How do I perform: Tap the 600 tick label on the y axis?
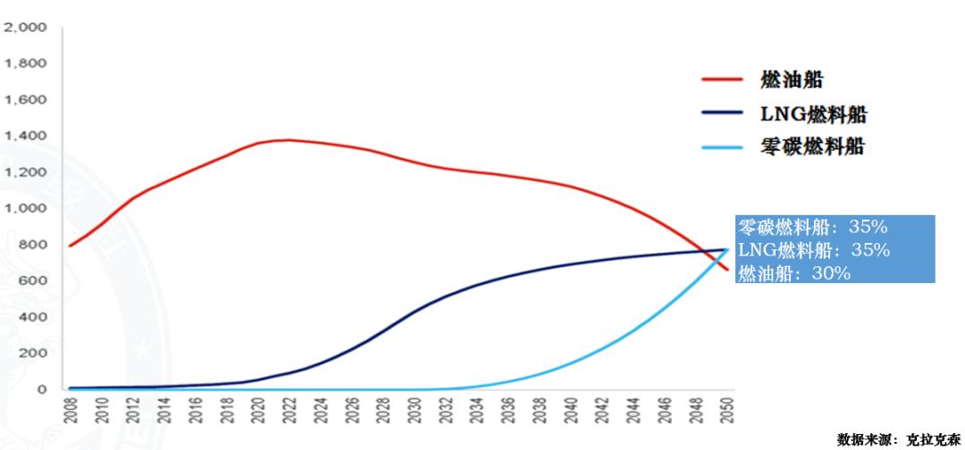pyautogui.click(x=32, y=280)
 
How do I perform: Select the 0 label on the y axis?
pyautogui.click(x=41, y=389)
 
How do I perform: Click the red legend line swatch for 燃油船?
pyautogui.click(x=723, y=79)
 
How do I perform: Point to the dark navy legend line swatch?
pyautogui.click(x=723, y=112)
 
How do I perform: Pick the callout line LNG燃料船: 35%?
pyautogui.click(x=813, y=250)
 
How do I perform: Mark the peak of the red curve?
pyautogui.click(x=288, y=139)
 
